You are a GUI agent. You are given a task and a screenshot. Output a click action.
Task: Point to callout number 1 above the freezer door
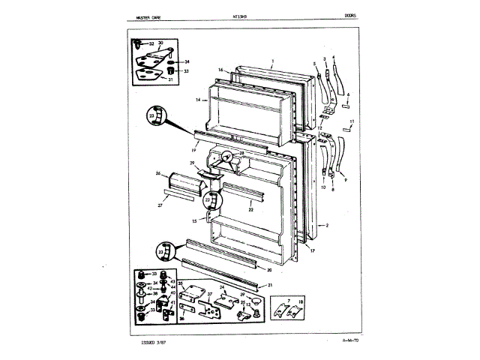click(x=273, y=59)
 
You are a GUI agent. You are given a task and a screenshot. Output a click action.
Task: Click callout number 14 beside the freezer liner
click(x=199, y=99)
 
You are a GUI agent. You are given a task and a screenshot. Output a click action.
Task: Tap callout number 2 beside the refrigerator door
click(x=328, y=225)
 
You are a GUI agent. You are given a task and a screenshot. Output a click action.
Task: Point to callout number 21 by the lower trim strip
click(x=270, y=286)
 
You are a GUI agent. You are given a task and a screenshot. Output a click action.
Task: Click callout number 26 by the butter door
click(x=158, y=173)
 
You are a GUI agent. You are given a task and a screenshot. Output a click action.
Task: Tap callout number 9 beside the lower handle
click(x=345, y=180)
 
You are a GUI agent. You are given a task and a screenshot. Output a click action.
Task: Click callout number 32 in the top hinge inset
click(x=151, y=45)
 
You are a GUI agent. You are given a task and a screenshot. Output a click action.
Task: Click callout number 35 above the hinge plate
click(x=180, y=283)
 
